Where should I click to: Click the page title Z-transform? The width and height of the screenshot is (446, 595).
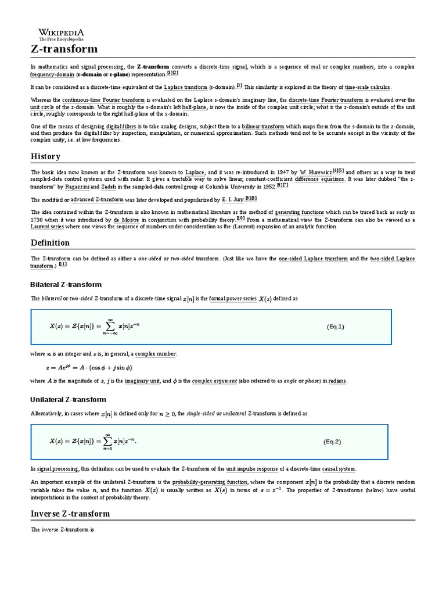[64, 49]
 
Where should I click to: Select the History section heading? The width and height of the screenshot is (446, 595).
[45, 156]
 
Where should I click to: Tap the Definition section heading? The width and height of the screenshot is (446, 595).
[50, 242]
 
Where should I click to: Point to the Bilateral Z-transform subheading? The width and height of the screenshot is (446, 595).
[66, 284]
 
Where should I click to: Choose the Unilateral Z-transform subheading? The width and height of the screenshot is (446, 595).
[68, 399]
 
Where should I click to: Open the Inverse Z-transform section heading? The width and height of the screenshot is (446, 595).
[70, 514]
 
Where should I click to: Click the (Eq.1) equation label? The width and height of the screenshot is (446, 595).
[335, 327]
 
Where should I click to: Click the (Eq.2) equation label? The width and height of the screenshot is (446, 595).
[332, 442]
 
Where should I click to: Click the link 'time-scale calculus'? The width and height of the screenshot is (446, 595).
[368, 87]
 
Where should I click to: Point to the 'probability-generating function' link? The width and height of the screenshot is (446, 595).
[210, 482]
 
